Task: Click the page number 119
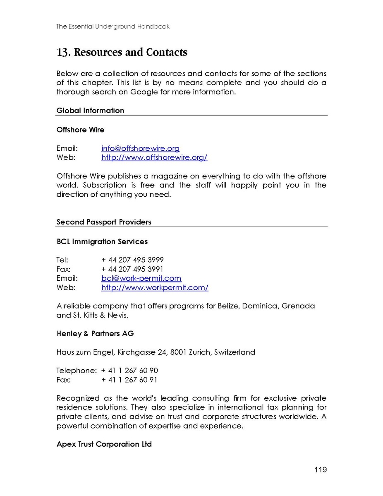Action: click(320, 470)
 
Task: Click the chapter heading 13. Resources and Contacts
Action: click(122, 53)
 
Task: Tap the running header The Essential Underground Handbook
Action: click(113, 26)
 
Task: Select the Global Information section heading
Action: click(90, 111)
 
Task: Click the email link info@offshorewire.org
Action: click(141, 148)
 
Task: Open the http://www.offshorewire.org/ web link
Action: click(154, 157)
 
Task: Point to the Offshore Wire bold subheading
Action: click(80, 130)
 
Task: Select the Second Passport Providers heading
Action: click(104, 222)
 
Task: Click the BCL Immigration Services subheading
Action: click(102, 241)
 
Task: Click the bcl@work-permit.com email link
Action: click(141, 278)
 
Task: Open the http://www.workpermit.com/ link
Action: click(155, 287)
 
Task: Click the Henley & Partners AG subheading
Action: click(95, 334)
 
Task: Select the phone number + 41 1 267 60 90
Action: click(129, 371)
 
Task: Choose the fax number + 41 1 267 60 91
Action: click(129, 380)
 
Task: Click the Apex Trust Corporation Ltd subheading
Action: click(104, 444)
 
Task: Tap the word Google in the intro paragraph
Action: click(144, 92)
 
